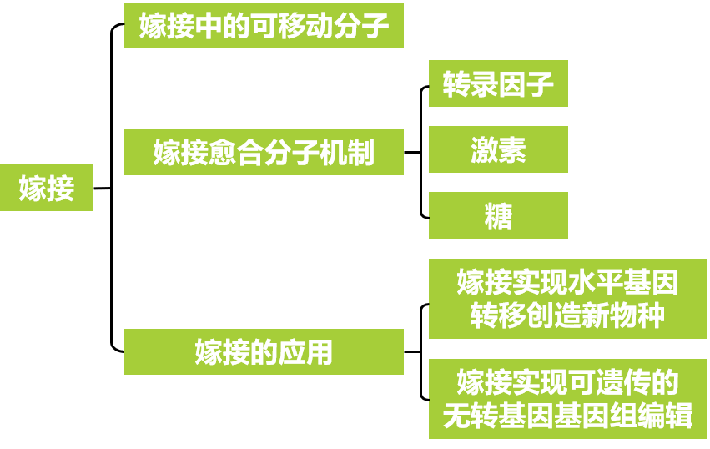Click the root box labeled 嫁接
tap(47, 189)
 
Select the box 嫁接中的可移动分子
tap(264, 26)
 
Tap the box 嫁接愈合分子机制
tap(264, 152)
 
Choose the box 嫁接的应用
tap(264, 351)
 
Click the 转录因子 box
tap(498, 83)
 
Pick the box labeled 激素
tap(498, 149)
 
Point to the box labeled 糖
tap(498, 215)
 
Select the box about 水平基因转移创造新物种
tap(567, 299)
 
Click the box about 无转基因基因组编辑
tap(567, 399)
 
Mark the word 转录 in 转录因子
tap(470, 84)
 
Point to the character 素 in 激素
tap(512, 150)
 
